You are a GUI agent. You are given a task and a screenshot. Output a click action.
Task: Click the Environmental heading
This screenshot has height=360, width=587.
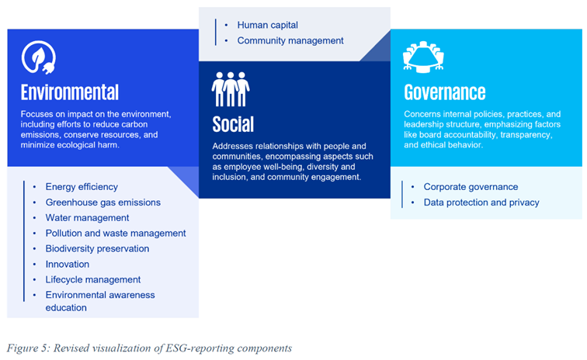pyautogui.click(x=70, y=92)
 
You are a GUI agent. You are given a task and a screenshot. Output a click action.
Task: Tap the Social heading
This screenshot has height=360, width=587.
pyautogui.click(x=233, y=124)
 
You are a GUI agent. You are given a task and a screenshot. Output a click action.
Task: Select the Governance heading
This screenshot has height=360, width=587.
pyautogui.click(x=445, y=92)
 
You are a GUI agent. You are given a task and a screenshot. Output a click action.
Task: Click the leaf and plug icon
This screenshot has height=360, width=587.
pyautogui.click(x=39, y=57)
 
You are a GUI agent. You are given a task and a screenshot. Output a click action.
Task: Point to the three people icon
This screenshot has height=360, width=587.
pyautogui.click(x=231, y=89)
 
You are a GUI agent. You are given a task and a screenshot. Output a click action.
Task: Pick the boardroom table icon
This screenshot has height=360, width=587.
pyautogui.click(x=423, y=57)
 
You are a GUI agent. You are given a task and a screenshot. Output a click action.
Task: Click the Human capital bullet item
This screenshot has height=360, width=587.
pyautogui.click(x=268, y=25)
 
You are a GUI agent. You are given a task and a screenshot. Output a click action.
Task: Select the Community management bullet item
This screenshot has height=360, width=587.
pyautogui.click(x=290, y=40)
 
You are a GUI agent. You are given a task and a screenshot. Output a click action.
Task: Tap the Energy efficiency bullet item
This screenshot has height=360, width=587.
pyautogui.click(x=82, y=187)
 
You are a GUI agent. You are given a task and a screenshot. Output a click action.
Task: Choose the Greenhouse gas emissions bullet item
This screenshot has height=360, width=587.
pyautogui.click(x=103, y=202)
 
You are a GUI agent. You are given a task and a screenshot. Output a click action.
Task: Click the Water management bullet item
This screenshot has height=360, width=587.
pyautogui.click(x=87, y=218)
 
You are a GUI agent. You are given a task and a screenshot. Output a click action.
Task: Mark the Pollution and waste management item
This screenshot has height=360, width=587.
pyautogui.click(x=116, y=233)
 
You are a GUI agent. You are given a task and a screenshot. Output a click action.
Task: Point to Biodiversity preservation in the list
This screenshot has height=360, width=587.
pyautogui.click(x=97, y=249)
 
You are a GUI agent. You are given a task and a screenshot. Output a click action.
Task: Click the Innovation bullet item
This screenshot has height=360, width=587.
pyautogui.click(x=68, y=265)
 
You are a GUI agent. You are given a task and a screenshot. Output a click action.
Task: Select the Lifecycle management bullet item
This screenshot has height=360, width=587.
pyautogui.click(x=93, y=279)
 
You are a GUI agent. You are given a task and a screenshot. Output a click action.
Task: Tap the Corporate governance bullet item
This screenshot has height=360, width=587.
pyautogui.click(x=471, y=187)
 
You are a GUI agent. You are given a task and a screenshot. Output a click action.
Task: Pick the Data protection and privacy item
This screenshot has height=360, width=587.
pyautogui.click(x=481, y=202)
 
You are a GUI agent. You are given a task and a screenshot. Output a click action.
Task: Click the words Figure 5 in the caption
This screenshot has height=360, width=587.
pyautogui.click(x=27, y=348)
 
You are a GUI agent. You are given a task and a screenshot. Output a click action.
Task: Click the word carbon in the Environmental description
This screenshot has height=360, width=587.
pyautogui.click(x=133, y=124)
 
